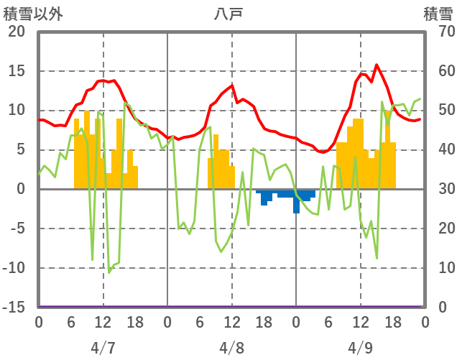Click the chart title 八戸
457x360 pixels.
click(x=230, y=14)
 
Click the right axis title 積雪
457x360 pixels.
click(x=438, y=14)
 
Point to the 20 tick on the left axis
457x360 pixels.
click(x=17, y=32)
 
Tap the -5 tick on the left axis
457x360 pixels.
click(x=17, y=229)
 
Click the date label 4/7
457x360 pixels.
click(x=103, y=348)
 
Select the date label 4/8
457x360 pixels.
click(x=232, y=348)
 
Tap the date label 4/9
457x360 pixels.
click(x=361, y=348)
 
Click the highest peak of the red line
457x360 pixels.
click(x=377, y=65)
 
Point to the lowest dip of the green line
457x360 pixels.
click(x=109, y=272)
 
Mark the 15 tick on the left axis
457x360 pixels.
click(x=17, y=72)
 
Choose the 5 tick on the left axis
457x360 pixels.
click(x=21, y=150)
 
